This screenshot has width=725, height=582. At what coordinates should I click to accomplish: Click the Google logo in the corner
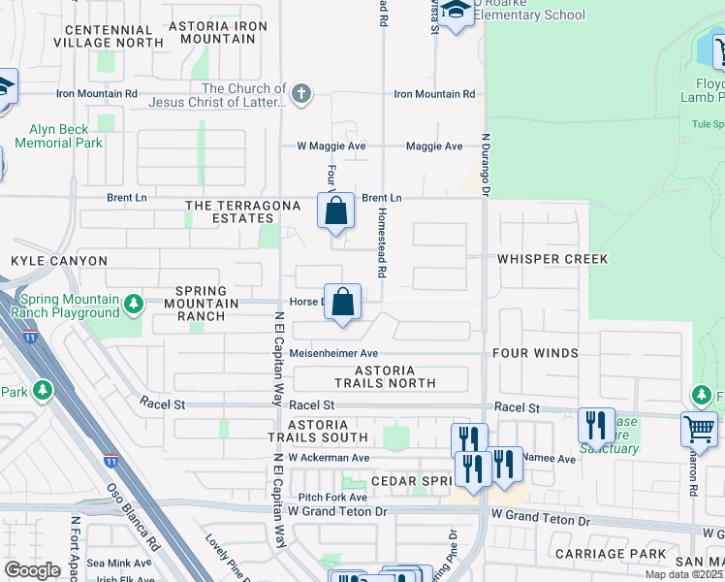pyautogui.click(x=32, y=570)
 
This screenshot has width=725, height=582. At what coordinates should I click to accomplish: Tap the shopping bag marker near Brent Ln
pyautogui.click(x=335, y=210)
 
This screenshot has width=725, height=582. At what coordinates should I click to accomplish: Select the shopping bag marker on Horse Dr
pyautogui.click(x=343, y=302)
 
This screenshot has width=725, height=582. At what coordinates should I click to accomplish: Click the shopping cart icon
pyautogui.click(x=699, y=428)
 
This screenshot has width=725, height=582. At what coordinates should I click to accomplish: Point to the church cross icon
pyautogui.click(x=301, y=95)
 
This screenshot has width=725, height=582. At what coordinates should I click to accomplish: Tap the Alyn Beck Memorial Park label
pyautogui.click(x=59, y=136)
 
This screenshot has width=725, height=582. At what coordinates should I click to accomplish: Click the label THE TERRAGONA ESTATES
pyautogui.click(x=230, y=211)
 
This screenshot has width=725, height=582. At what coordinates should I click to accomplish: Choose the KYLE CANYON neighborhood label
pyautogui.click(x=59, y=261)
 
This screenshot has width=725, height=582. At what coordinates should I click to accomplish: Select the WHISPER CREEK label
pyautogui.click(x=552, y=259)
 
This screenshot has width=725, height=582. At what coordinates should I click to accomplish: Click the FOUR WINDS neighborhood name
pyautogui.click(x=534, y=353)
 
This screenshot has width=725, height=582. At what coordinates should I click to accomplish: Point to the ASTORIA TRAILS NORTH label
pyautogui.click(x=385, y=376)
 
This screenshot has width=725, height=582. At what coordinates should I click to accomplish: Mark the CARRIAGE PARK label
pyautogui.click(x=611, y=554)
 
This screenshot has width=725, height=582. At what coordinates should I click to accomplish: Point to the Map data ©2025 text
pyautogui.click(x=683, y=574)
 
